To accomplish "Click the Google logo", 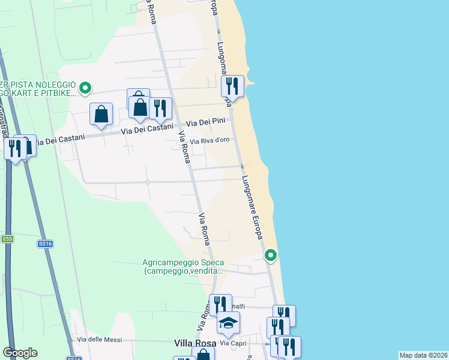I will point(20,353).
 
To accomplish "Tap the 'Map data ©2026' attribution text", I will point(424,355).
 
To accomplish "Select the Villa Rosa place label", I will point(193,343).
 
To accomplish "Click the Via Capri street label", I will point(233,343).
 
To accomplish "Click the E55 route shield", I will point(7,239).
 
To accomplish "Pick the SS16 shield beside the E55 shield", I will point(46,244).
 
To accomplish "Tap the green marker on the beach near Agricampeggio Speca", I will point(271,256).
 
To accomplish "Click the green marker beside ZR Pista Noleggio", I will point(85,88).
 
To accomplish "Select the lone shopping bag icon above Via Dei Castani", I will point(101,113).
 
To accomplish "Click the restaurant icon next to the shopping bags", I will point(160,108).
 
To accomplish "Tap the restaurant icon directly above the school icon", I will point(220,305).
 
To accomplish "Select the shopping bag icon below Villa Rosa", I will point(203,355).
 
